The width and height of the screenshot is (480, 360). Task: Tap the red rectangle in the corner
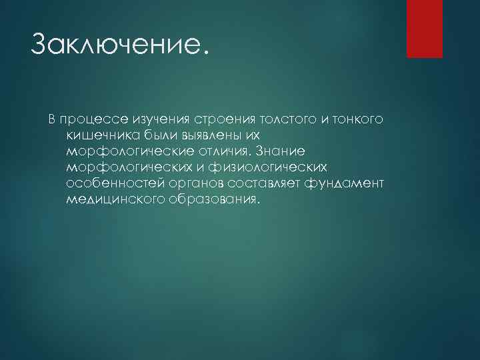coord(425,28)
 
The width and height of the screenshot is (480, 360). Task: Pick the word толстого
coord(273,119)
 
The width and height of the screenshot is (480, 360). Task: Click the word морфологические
coord(127,151)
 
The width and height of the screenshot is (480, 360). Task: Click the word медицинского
coord(113,199)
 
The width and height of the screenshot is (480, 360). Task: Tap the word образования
coord(209,199)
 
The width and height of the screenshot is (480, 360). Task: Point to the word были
coord(157,135)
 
